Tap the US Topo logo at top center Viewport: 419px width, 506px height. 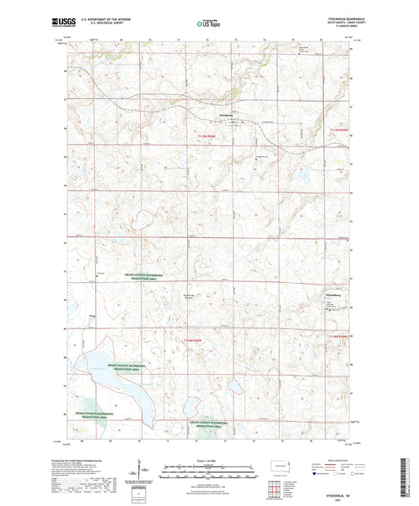[x=208, y=24]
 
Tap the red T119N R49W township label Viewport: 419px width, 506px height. [x=336, y=127]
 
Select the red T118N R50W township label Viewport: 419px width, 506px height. [x=195, y=339]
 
